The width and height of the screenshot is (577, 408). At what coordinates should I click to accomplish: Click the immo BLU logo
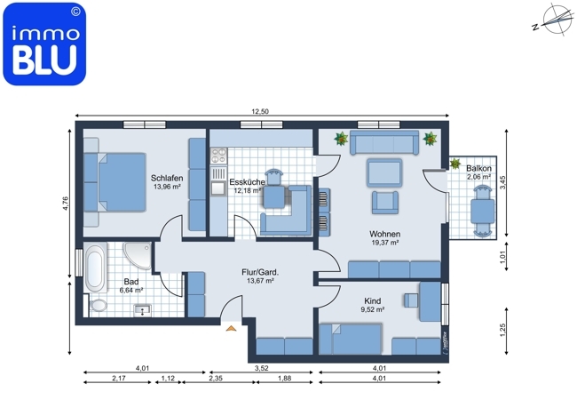point(44,44)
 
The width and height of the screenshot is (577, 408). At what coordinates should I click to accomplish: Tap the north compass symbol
point(554,20)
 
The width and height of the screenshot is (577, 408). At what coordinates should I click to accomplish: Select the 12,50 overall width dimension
point(260,111)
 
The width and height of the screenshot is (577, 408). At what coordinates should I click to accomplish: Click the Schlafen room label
point(167,179)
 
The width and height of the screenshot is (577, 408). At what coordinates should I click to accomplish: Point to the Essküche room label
point(247,182)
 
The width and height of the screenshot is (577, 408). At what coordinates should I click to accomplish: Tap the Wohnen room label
point(385,234)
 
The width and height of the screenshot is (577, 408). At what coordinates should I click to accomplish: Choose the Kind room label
point(373,300)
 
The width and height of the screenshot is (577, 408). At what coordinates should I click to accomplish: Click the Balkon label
point(478,168)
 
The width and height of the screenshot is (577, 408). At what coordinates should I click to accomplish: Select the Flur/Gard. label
point(260,272)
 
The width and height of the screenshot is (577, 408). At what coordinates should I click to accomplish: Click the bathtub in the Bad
point(95,267)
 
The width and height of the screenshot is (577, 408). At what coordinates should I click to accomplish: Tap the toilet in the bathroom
point(98,306)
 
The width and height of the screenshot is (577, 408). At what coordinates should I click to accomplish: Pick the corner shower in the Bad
point(138,255)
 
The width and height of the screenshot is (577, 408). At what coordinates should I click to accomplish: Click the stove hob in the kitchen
point(218,156)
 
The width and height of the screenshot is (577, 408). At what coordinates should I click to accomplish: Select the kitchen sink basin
point(218,188)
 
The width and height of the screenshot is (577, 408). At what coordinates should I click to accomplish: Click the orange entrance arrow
point(231,328)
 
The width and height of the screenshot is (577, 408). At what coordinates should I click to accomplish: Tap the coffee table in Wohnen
point(384,172)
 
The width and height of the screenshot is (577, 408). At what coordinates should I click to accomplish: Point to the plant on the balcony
point(455,164)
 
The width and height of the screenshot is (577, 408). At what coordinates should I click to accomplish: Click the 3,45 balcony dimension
point(503,182)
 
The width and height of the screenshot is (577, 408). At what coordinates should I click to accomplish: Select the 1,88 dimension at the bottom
point(284,378)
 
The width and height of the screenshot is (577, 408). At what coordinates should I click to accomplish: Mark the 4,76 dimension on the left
point(66,204)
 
